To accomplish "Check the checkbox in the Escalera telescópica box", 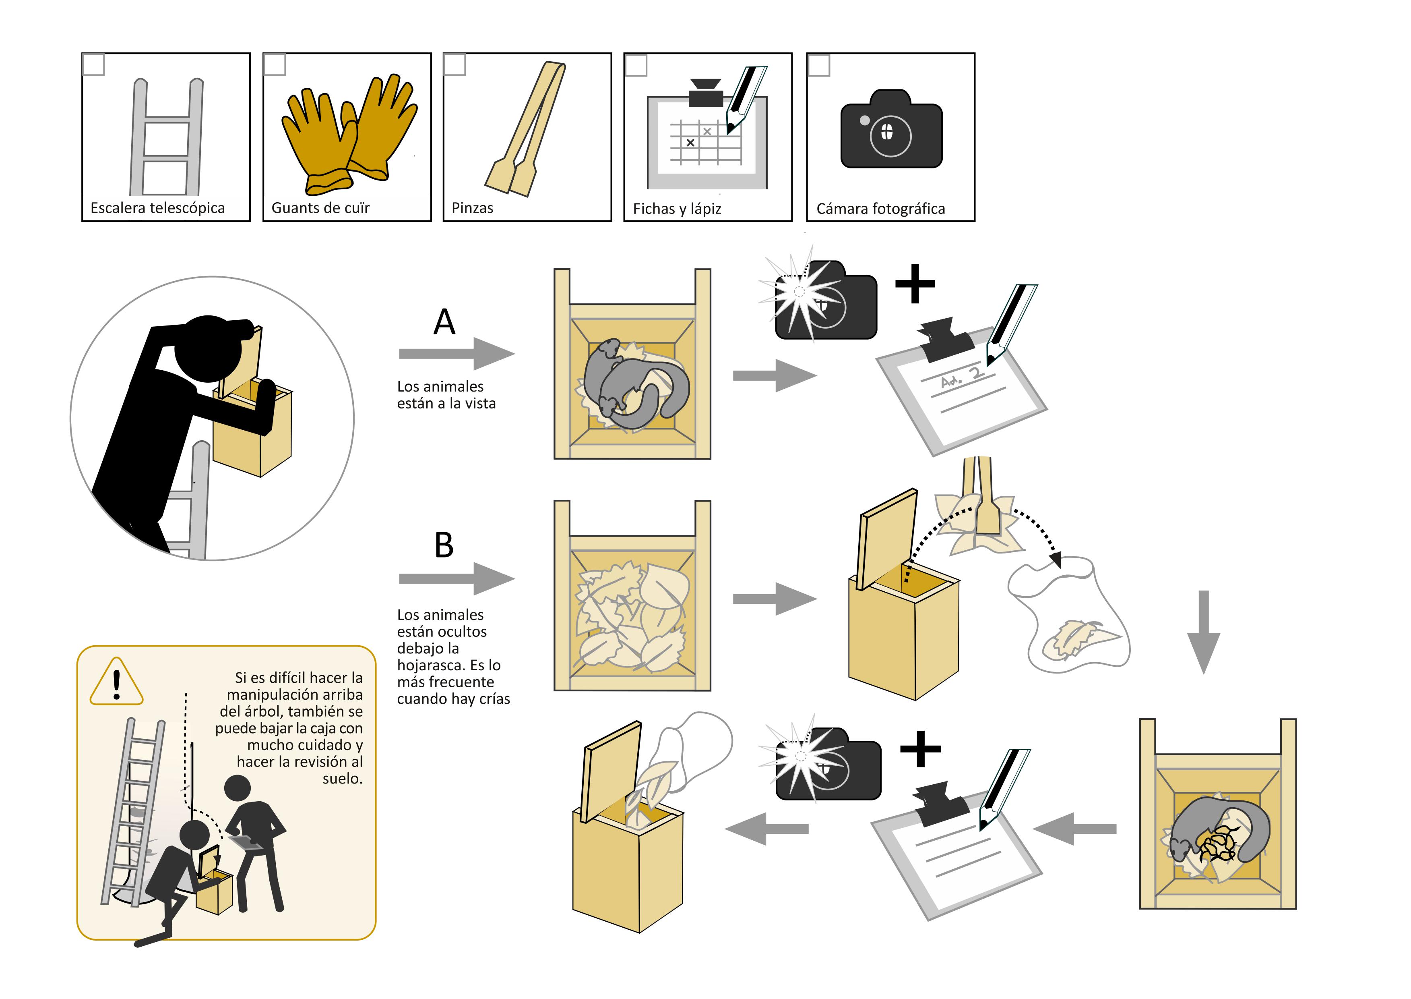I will tap(93, 64).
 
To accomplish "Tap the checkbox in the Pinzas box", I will tap(454, 64).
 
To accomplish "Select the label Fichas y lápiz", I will tap(676, 209).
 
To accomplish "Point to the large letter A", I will tap(444, 322).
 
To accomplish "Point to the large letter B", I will tap(444, 545).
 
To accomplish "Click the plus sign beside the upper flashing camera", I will tap(915, 284).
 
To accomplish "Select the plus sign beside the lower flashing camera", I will tap(920, 749).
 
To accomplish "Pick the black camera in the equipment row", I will tap(891, 131).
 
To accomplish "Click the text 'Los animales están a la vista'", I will tap(446, 395).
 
